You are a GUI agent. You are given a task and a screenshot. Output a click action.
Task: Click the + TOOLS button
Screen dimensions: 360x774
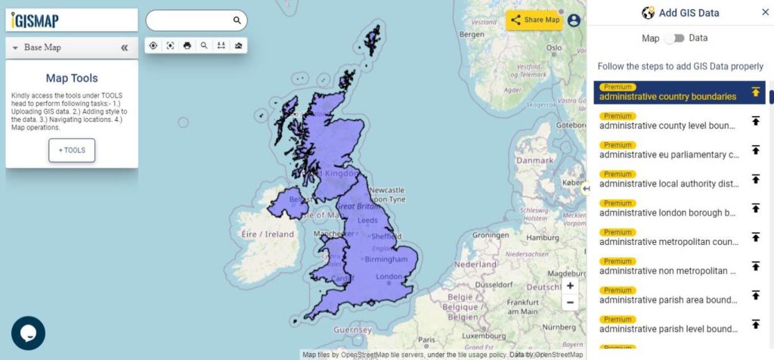click(x=72, y=150)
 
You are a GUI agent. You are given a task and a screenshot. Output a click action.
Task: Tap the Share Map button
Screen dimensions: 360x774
click(x=534, y=20)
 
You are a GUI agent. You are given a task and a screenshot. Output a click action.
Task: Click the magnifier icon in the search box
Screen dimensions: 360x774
click(x=237, y=20)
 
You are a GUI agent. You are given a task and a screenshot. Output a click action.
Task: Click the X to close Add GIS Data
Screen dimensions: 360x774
click(x=765, y=12)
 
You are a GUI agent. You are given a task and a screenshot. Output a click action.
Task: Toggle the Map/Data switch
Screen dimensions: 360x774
click(x=673, y=38)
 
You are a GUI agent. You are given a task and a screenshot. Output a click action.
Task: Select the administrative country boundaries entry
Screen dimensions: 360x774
click(x=667, y=96)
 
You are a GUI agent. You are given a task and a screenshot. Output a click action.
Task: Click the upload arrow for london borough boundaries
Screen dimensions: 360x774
click(x=755, y=208)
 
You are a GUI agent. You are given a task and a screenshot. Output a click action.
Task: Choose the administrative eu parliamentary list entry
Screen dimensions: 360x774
click(x=669, y=154)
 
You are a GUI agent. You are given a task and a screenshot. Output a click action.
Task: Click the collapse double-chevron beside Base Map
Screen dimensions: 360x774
click(x=124, y=48)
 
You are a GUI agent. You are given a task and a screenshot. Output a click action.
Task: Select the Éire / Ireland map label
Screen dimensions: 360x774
click(x=268, y=234)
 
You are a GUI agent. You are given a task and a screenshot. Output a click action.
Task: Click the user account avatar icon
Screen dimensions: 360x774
click(x=574, y=20)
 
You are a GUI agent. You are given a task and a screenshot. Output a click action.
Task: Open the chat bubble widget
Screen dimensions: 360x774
click(x=29, y=333)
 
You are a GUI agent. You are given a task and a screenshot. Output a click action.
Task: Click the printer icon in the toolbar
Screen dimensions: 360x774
click(x=187, y=45)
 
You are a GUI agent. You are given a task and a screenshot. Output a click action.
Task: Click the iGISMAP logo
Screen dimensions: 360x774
click(x=36, y=20)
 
